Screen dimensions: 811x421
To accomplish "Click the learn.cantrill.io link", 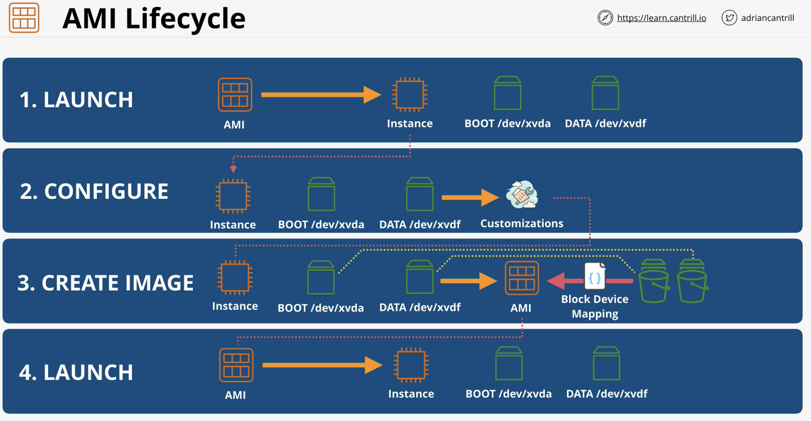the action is click(x=661, y=18).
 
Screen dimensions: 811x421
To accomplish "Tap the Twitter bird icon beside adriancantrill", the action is click(x=729, y=18).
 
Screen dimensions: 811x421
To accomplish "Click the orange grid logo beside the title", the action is click(x=24, y=18).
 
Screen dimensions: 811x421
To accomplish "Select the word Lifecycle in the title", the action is click(x=185, y=19).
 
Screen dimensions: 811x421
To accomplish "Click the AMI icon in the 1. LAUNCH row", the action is click(x=235, y=95).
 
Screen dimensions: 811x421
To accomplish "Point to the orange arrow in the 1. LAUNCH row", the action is click(x=321, y=95).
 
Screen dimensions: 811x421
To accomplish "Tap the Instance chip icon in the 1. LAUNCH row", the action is click(x=410, y=95).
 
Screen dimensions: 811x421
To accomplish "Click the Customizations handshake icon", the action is click(x=522, y=195).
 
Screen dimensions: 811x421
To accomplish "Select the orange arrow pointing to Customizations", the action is click(x=470, y=198).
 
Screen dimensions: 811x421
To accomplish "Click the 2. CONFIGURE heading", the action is click(x=94, y=191).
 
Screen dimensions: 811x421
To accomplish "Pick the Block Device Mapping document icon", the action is click(x=595, y=276).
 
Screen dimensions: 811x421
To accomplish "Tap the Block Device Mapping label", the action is click(x=595, y=306).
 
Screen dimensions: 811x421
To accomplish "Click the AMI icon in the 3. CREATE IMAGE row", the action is click(x=522, y=278).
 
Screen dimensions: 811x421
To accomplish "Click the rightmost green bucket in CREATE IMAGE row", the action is click(x=692, y=281).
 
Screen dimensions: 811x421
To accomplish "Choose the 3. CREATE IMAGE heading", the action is click(x=106, y=283).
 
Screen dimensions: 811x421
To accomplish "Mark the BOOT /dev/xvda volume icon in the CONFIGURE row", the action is click(x=321, y=194).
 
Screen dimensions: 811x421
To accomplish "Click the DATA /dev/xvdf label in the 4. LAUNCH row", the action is click(x=607, y=394).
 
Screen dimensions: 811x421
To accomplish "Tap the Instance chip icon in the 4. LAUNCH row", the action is click(x=411, y=365).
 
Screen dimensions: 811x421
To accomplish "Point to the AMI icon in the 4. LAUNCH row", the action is click(x=236, y=365).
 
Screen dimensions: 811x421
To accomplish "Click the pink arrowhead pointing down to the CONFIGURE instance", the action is click(x=233, y=169).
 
